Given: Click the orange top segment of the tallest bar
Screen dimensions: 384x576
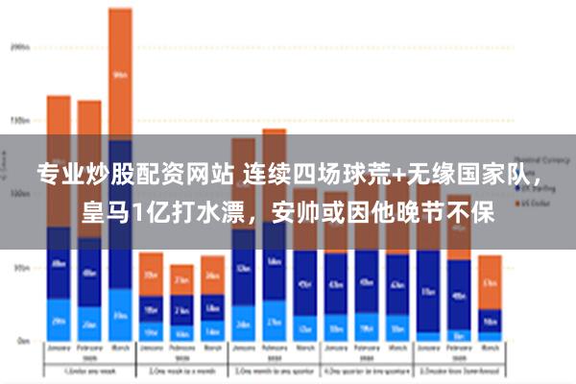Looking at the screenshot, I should [x=120, y=73].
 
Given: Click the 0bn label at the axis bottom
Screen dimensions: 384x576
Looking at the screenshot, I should [x=19, y=341].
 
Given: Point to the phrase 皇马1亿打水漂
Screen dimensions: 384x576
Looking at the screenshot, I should [x=144, y=211].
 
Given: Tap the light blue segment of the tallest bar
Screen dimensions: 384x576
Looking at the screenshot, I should [x=120, y=315].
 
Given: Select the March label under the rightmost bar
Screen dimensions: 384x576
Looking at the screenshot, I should [x=490, y=348].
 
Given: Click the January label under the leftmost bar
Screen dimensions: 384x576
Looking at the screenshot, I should [x=59, y=348].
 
